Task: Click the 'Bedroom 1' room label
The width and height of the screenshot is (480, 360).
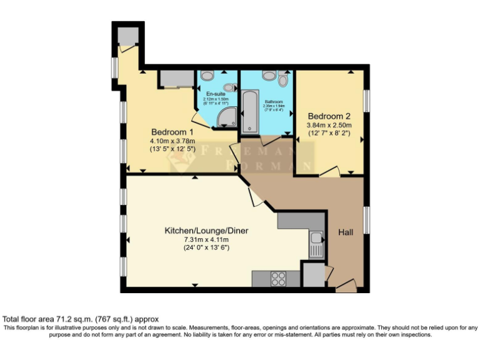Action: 172,132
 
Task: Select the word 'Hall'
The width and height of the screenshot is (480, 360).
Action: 346,232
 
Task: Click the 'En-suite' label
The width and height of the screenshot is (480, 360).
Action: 216,94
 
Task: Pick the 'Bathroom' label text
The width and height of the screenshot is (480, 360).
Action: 274,102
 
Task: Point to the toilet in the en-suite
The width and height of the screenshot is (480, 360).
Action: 209,76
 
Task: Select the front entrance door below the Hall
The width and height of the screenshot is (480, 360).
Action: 346,287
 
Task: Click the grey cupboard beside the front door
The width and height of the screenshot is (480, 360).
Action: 313,274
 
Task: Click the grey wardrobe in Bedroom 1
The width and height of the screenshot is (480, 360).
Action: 176,79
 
